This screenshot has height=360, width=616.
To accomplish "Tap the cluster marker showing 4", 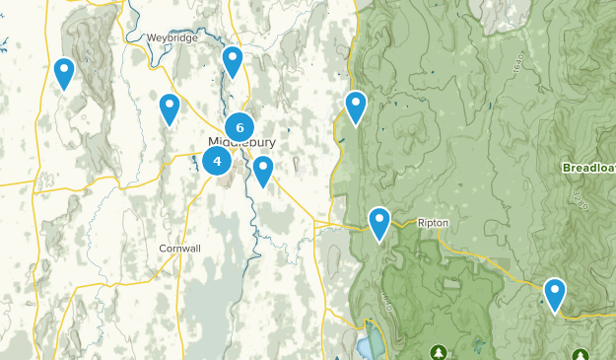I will click(218, 161).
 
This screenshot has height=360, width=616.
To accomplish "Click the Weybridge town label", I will click(172, 37).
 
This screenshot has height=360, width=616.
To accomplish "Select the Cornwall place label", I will click(179, 249).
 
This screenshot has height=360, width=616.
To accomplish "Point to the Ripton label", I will click(433, 223).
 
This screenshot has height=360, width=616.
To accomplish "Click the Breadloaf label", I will click(588, 168).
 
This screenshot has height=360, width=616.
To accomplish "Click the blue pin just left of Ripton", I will click(379, 222).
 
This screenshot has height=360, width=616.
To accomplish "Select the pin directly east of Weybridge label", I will click(233, 60).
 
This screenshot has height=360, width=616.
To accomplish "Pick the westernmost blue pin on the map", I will click(64, 71).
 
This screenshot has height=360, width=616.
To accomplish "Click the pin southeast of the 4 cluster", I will click(262, 170).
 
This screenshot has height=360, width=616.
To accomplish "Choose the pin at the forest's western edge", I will click(356, 106).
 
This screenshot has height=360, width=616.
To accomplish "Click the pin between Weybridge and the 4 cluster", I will click(170, 108).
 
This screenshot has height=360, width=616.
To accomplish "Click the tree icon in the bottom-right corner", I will click(580, 353).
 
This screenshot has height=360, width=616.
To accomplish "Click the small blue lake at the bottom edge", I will click(366, 346).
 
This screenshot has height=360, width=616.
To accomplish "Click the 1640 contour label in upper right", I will click(516, 69).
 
